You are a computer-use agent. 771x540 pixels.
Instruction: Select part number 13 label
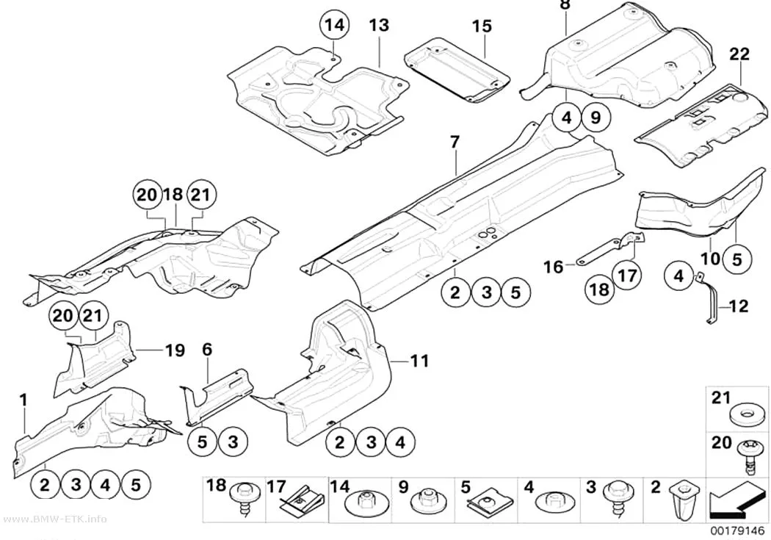[x=379, y=25]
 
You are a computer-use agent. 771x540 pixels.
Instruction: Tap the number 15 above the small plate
[x=482, y=26]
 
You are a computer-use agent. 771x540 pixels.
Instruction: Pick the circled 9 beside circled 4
[x=596, y=118]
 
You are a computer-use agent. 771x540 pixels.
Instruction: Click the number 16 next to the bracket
[x=553, y=267]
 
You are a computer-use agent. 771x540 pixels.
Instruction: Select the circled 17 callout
[x=627, y=276]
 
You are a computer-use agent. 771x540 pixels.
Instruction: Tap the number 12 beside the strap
[x=738, y=307]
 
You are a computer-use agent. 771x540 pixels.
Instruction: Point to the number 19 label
[x=175, y=350]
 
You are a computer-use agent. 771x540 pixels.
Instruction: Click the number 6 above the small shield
[x=207, y=350]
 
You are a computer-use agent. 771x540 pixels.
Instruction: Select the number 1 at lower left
[x=23, y=400]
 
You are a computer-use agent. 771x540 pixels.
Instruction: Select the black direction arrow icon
[x=736, y=500]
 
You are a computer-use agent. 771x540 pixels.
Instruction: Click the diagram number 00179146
[x=737, y=531]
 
